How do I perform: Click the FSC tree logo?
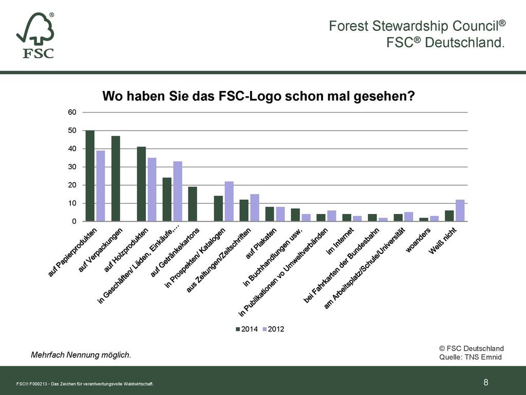pyautogui.click(x=35, y=35)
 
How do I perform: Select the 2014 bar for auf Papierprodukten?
pyautogui.click(x=90, y=176)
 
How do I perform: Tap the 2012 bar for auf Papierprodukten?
pyautogui.click(x=101, y=186)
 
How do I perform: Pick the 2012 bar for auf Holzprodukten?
pyautogui.click(x=152, y=190)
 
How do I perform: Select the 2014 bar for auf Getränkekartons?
pyautogui.click(x=193, y=204)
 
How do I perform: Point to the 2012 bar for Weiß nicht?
pyautogui.click(x=460, y=210)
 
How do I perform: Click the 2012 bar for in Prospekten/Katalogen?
pyautogui.click(x=229, y=202)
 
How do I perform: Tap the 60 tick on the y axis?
pyautogui.click(x=72, y=112)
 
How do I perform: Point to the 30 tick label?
pyautogui.click(x=72, y=167)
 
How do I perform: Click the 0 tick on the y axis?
pyautogui.click(x=74, y=222)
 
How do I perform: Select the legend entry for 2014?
pyautogui.click(x=247, y=329)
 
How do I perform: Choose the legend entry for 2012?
pyautogui.click(x=273, y=329)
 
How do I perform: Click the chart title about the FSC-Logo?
pyautogui.click(x=258, y=97)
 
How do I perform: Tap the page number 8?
pyautogui.click(x=486, y=382)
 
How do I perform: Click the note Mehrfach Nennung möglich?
pyautogui.click(x=81, y=355)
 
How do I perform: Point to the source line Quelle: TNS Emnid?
pyautogui.click(x=470, y=357)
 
